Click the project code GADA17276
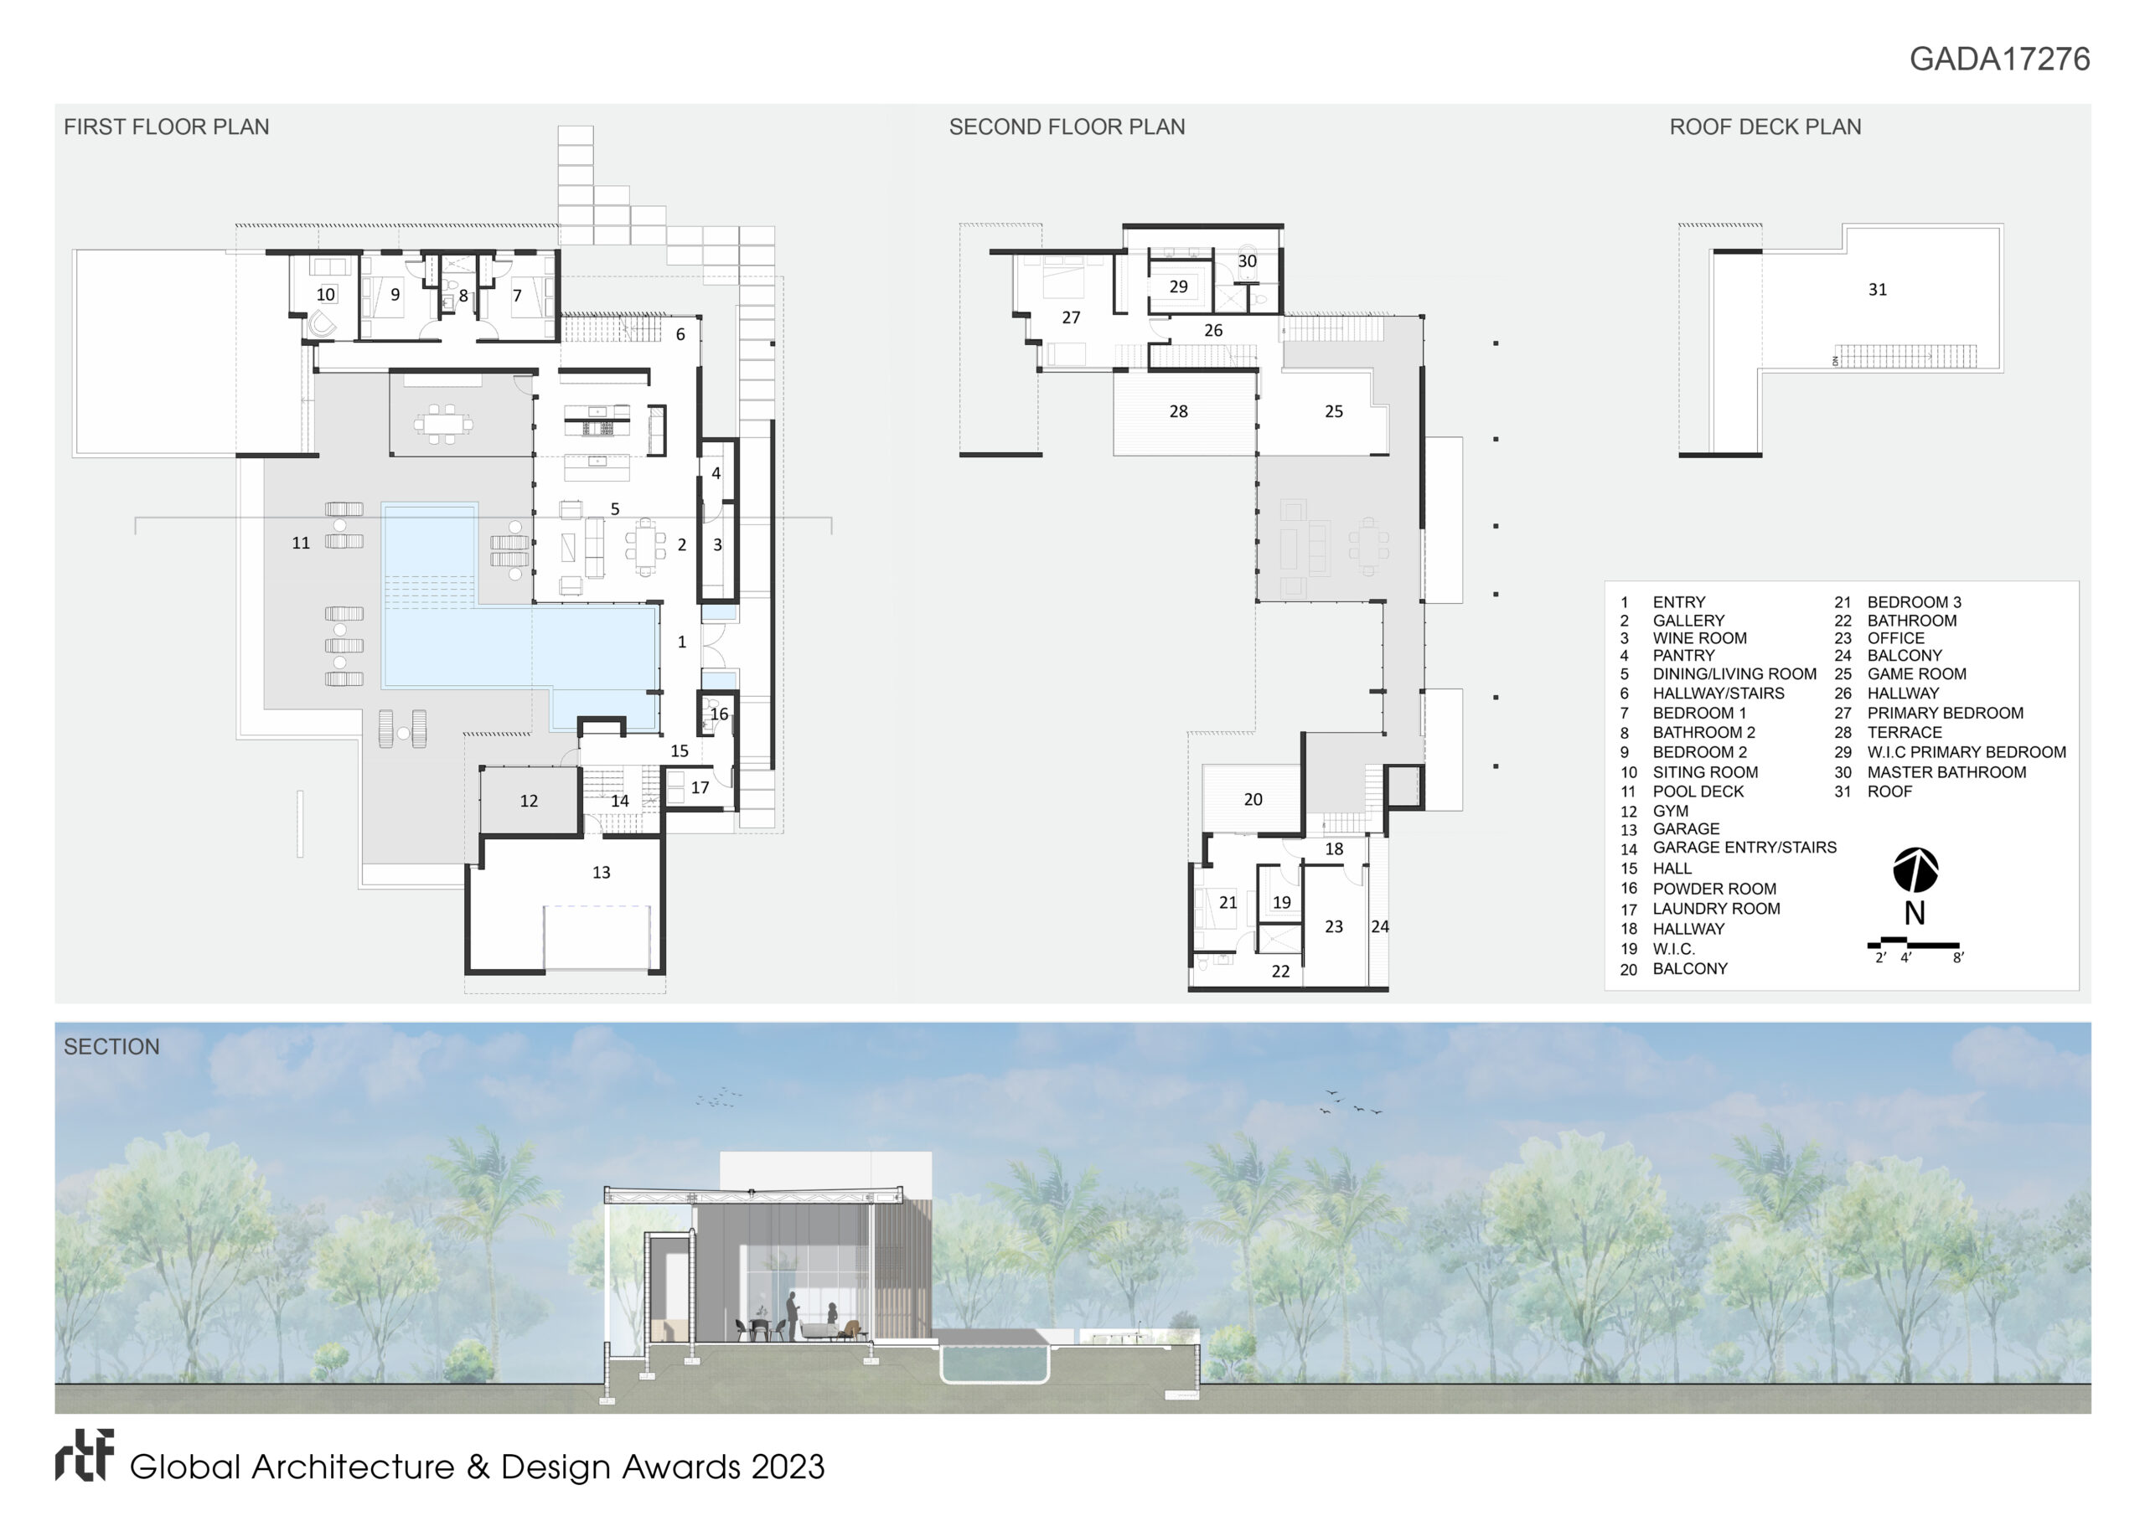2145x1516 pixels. click(x=1999, y=59)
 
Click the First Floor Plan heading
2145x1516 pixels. click(x=166, y=127)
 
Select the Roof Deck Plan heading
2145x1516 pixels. click(x=1765, y=127)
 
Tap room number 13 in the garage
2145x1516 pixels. click(x=601, y=873)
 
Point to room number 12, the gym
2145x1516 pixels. click(x=529, y=801)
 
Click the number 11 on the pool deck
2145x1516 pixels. click(x=301, y=543)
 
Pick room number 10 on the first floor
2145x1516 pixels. click(x=325, y=294)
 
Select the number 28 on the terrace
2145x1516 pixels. click(x=1178, y=411)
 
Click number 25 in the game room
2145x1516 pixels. click(x=1333, y=411)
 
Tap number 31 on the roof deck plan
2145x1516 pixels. click(x=1877, y=290)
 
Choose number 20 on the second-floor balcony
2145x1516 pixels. click(x=1253, y=800)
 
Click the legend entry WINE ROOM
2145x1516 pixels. click(x=1699, y=638)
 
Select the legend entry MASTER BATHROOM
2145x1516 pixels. click(x=1946, y=772)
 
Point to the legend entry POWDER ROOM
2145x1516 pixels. click(x=1714, y=889)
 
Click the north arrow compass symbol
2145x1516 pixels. click(x=1915, y=870)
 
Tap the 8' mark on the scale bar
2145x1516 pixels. click(x=1958, y=958)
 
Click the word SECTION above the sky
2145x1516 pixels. click(x=111, y=1047)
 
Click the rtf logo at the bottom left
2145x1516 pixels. click(x=84, y=1456)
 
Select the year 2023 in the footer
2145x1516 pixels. click(x=788, y=1467)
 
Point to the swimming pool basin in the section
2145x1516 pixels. click(x=993, y=1363)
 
